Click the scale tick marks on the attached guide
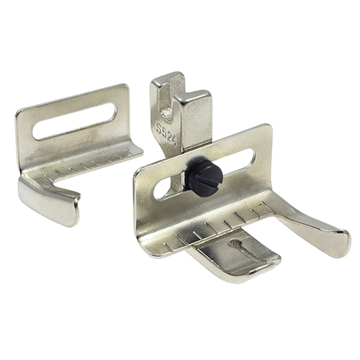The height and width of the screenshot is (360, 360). coord(216,223)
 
